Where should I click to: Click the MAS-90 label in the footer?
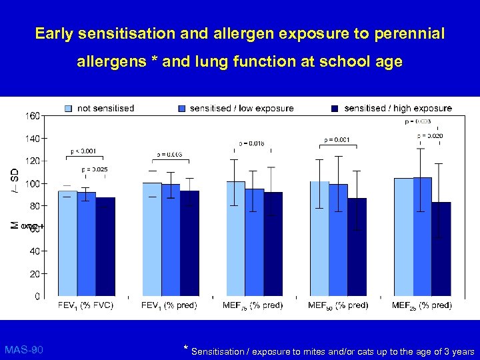tap(24, 349)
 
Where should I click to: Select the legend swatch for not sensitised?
tap(69, 108)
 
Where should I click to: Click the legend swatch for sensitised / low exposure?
tap(183, 108)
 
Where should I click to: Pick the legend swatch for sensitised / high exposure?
tap(335, 108)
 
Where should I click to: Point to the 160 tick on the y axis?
tap(32, 116)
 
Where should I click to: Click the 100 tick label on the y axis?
tap(32, 183)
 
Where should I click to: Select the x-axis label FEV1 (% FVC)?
tap(86, 306)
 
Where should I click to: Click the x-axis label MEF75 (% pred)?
tap(253, 306)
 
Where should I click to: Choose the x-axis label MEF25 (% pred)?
tap(421, 306)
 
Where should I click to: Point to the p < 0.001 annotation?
tap(83, 151)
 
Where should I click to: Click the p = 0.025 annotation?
tap(95, 169)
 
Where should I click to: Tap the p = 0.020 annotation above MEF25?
tap(430, 136)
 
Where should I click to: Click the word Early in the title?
tap(53, 33)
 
